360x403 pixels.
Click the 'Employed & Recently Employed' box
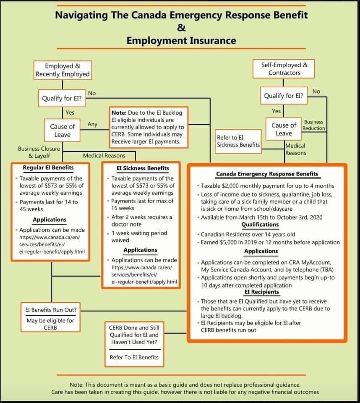(63, 70)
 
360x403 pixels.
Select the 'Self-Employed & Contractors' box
(284, 69)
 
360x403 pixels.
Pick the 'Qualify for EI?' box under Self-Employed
(284, 96)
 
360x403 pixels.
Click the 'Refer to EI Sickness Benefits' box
(238, 141)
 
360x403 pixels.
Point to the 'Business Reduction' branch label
(314, 125)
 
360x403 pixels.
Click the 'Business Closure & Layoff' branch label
(39, 152)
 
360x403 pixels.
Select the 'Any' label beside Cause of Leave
(93, 124)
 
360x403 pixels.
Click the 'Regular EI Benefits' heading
(48, 167)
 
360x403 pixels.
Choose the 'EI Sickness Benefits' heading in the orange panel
(143, 168)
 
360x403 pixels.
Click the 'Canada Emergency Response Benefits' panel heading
(267, 174)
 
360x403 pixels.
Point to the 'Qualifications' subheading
(260, 225)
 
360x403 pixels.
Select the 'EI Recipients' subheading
(262, 292)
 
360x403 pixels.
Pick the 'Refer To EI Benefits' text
(134, 357)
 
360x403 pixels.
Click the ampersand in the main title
(181, 28)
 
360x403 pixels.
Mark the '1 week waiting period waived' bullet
(139, 237)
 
